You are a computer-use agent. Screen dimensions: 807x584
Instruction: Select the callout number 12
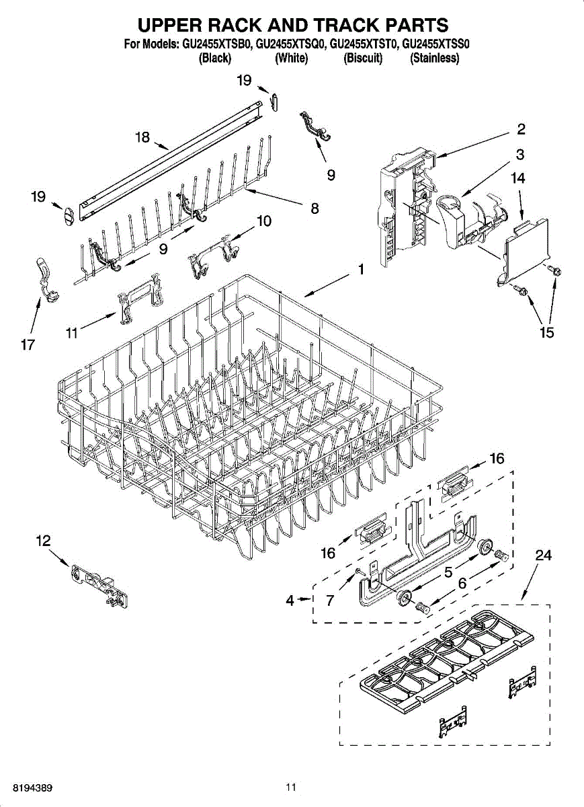(x=43, y=540)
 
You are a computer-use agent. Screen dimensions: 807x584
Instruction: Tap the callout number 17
(x=28, y=345)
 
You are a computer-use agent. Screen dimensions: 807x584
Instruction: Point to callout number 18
(x=142, y=137)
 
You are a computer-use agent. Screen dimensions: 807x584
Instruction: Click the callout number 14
(x=517, y=178)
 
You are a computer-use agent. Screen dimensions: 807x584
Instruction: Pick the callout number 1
(x=361, y=270)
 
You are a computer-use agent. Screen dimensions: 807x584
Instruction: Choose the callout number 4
(x=290, y=601)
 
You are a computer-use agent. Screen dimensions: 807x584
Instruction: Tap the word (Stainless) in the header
(x=435, y=59)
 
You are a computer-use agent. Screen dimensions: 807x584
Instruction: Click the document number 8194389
(x=28, y=787)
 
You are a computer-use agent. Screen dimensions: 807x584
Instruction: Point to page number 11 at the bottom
(x=290, y=787)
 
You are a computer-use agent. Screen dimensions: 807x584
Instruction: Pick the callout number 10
(x=264, y=221)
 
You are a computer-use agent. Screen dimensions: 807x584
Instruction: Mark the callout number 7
(x=330, y=601)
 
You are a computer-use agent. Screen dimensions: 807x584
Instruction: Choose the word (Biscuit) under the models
(x=363, y=59)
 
